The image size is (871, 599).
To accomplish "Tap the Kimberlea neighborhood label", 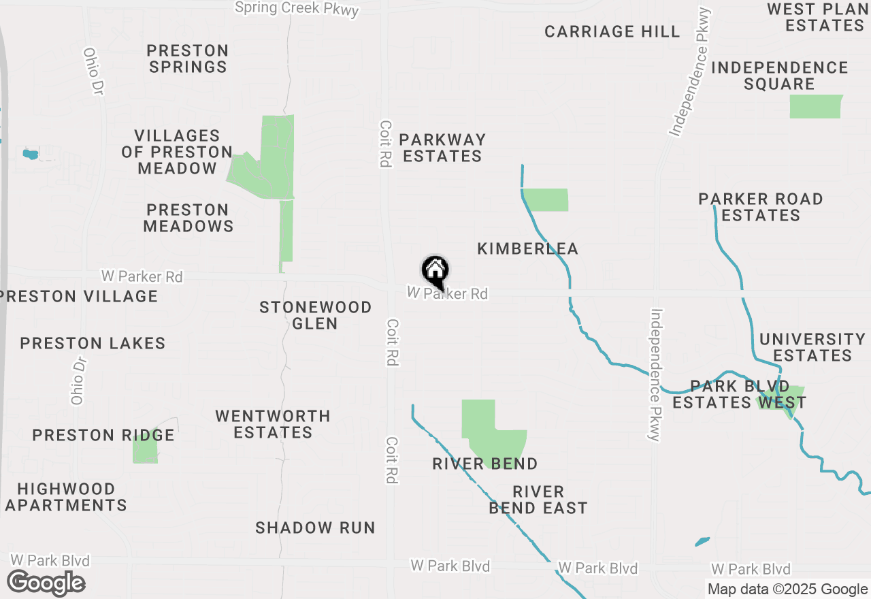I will point(527,249).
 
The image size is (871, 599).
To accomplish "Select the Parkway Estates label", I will point(442,148).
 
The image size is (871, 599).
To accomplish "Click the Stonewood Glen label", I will point(316,315).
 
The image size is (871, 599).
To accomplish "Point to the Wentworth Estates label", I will point(273,424).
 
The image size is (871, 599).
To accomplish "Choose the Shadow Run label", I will point(315,528).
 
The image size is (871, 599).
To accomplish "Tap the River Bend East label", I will point(538,500).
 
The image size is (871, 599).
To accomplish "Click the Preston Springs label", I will point(188,59).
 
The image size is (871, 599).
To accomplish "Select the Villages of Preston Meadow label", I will point(177,152).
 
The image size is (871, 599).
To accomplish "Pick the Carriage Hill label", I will point(612,31).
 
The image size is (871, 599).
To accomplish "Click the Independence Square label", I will point(780,76).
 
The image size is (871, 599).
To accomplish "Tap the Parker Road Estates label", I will point(761,207).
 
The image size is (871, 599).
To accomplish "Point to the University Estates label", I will point(812,347).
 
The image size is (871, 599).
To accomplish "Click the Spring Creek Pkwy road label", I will point(297,8).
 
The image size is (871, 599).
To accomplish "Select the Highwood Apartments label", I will point(66,497).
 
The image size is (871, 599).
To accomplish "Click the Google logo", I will point(46,583).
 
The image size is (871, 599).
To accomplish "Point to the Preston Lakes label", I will point(93,343).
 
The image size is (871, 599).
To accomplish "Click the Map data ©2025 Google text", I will point(787,589).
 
